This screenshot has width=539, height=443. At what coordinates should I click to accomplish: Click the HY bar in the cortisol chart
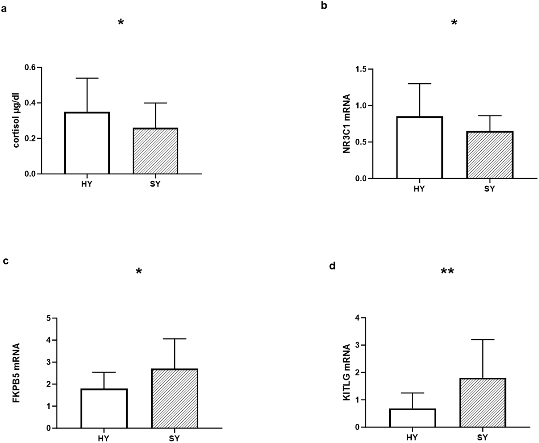87,143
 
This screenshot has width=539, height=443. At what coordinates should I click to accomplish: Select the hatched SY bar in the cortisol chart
155,151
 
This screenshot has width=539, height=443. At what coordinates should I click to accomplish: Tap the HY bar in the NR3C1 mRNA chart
420,148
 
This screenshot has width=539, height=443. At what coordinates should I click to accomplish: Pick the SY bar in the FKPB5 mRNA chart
175,398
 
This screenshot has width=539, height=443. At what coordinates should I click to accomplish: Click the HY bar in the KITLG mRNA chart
413,418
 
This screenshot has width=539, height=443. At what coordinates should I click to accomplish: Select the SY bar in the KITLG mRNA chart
483,403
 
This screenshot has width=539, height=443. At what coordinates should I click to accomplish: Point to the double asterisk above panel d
447,272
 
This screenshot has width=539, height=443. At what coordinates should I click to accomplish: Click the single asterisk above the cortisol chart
121,23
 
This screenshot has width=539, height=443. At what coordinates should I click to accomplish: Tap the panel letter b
324,5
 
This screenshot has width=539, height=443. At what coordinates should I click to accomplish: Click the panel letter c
6,261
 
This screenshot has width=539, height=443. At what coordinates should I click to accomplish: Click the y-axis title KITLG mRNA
347,372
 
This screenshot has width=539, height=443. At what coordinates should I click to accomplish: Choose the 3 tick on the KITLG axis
357,345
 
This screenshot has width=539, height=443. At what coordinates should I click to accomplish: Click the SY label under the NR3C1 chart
489,189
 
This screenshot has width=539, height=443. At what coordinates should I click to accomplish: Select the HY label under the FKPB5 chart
104,438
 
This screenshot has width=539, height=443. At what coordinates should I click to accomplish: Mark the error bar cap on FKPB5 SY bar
175,339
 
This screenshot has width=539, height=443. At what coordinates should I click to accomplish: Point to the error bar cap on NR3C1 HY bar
420,84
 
